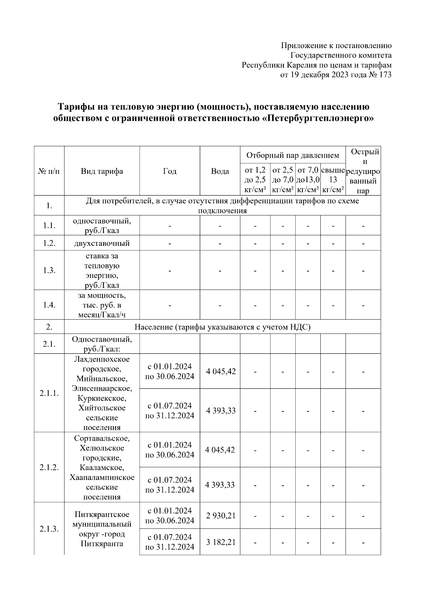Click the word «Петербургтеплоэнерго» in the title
(318, 118)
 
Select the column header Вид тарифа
(102, 171)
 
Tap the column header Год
(170, 171)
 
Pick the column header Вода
(220, 171)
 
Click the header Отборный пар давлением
(293, 155)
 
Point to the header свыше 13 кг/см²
(333, 180)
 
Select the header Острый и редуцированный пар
(363, 171)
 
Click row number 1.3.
(49, 270)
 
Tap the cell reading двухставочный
(102, 243)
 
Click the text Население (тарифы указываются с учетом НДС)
(223, 327)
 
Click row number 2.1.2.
(49, 467)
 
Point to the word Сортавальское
(102, 439)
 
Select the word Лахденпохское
(102, 359)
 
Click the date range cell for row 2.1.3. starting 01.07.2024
(170, 542)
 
